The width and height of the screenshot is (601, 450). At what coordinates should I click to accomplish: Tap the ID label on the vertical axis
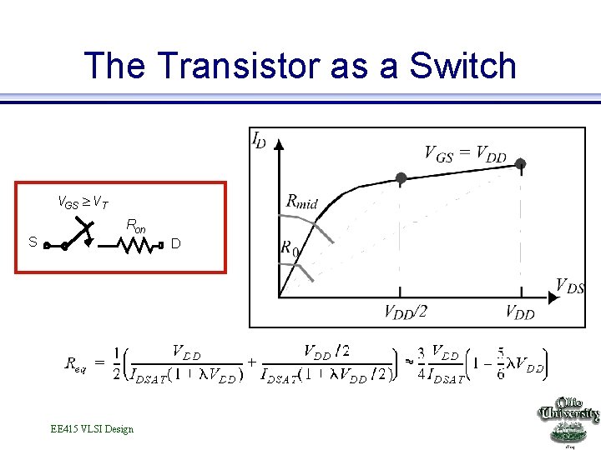[x=260, y=140]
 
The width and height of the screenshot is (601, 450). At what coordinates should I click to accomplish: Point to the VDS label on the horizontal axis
[x=569, y=287]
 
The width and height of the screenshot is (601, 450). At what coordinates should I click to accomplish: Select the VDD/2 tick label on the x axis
[x=405, y=312]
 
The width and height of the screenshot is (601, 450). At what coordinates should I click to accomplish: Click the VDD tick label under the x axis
[x=520, y=312]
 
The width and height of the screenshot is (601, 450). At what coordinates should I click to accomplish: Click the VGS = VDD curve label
[x=465, y=153]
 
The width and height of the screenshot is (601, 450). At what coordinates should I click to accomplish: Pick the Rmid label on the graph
[x=301, y=201]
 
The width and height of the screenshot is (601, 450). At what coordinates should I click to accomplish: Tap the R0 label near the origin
[x=289, y=248]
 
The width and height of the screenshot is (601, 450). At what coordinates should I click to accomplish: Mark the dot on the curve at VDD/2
[x=401, y=178]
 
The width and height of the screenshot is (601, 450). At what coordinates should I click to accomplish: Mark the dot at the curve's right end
[x=521, y=164]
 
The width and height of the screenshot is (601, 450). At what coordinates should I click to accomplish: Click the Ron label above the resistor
[x=135, y=226]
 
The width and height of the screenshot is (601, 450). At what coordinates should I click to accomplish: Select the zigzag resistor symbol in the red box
[x=136, y=246]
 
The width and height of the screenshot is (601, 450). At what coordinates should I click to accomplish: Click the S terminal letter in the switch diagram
[x=32, y=242]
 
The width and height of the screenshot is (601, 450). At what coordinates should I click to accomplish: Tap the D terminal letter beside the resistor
[x=175, y=243]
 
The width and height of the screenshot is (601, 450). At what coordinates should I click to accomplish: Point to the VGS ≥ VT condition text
[x=81, y=201]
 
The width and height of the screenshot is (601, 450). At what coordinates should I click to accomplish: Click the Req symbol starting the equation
[x=75, y=363]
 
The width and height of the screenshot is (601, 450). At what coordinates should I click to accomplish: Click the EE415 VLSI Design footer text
[x=92, y=429]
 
